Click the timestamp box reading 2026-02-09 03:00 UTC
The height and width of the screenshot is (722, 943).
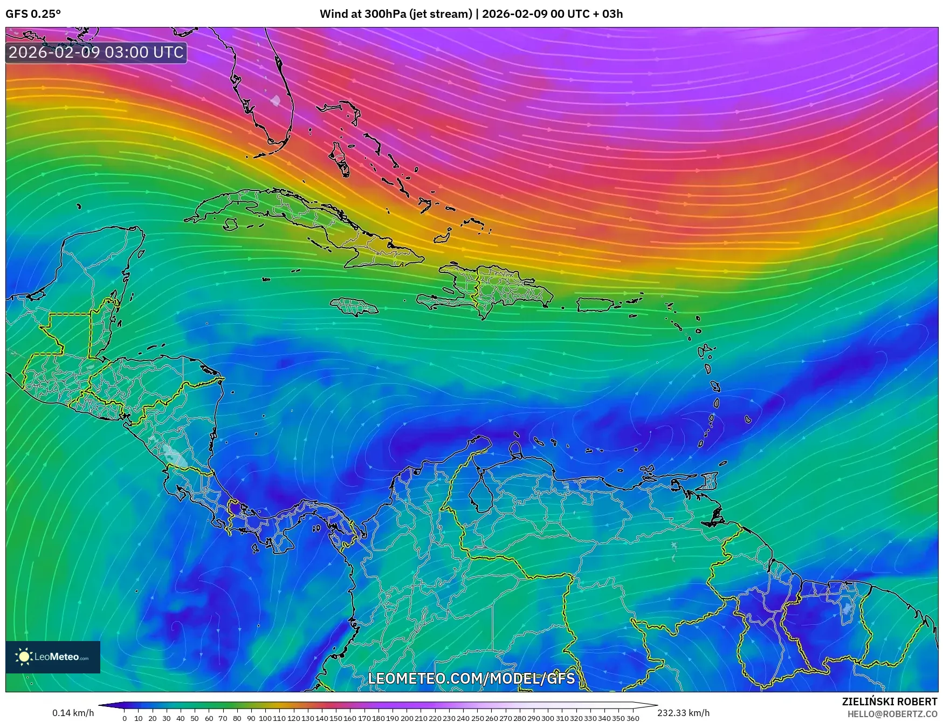pyautogui.click(x=97, y=52)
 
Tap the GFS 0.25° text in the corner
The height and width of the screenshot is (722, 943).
pyautogui.click(x=33, y=14)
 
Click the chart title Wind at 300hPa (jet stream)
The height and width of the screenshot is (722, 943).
pyautogui.click(x=396, y=14)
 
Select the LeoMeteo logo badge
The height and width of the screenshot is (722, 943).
pyautogui.click(x=53, y=657)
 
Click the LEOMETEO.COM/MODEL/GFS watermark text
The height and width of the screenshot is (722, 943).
pyautogui.click(x=472, y=678)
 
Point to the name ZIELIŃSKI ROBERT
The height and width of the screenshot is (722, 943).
pyautogui.click(x=889, y=701)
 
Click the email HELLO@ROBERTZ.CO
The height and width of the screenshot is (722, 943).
pyautogui.click(x=892, y=714)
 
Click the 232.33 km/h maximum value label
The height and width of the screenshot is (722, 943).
pyautogui.click(x=683, y=713)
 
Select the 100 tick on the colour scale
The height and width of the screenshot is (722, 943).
pyautogui.click(x=265, y=718)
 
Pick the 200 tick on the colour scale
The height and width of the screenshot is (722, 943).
pyautogui.click(x=407, y=718)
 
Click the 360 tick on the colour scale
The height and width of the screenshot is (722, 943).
pyautogui.click(x=632, y=718)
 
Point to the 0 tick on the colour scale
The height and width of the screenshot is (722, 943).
pyautogui.click(x=125, y=718)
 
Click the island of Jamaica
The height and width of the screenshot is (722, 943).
pyautogui.click(x=355, y=307)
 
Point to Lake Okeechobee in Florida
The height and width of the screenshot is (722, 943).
pyautogui.click(x=276, y=100)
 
